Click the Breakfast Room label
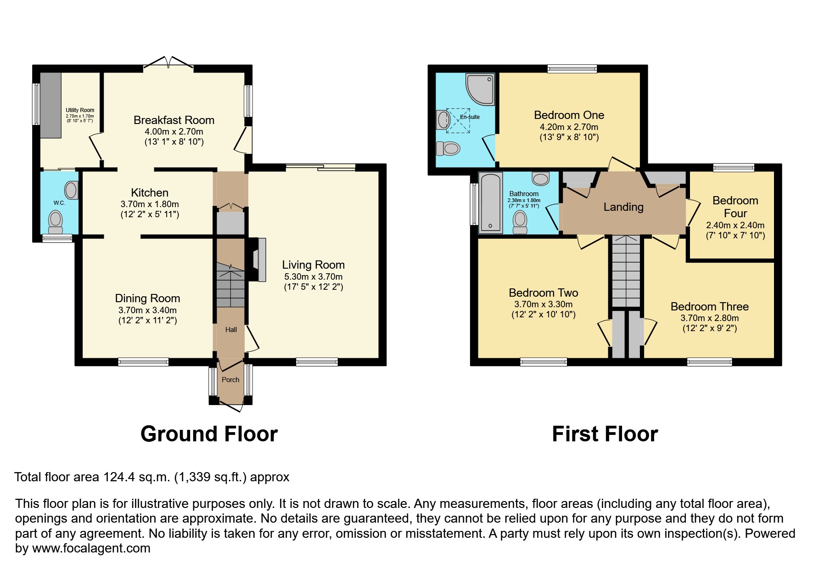[x=174, y=120]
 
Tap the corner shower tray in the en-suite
[x=480, y=88]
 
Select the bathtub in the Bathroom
[x=490, y=202]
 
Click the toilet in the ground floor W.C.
[x=56, y=222]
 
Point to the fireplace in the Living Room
[x=258, y=259]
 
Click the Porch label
[x=230, y=380]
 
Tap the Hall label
[x=231, y=330]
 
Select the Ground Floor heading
[x=209, y=434]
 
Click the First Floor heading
[x=605, y=434]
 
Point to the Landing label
[x=623, y=207]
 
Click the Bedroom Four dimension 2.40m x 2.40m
[x=735, y=225]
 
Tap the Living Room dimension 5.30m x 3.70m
[x=313, y=277]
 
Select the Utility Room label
[x=80, y=110]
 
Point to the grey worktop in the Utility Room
[x=50, y=105]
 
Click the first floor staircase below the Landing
[x=626, y=271]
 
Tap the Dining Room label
[x=147, y=299]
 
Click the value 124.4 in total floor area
[x=118, y=477]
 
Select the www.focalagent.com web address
[x=91, y=548]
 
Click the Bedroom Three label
[x=709, y=307]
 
